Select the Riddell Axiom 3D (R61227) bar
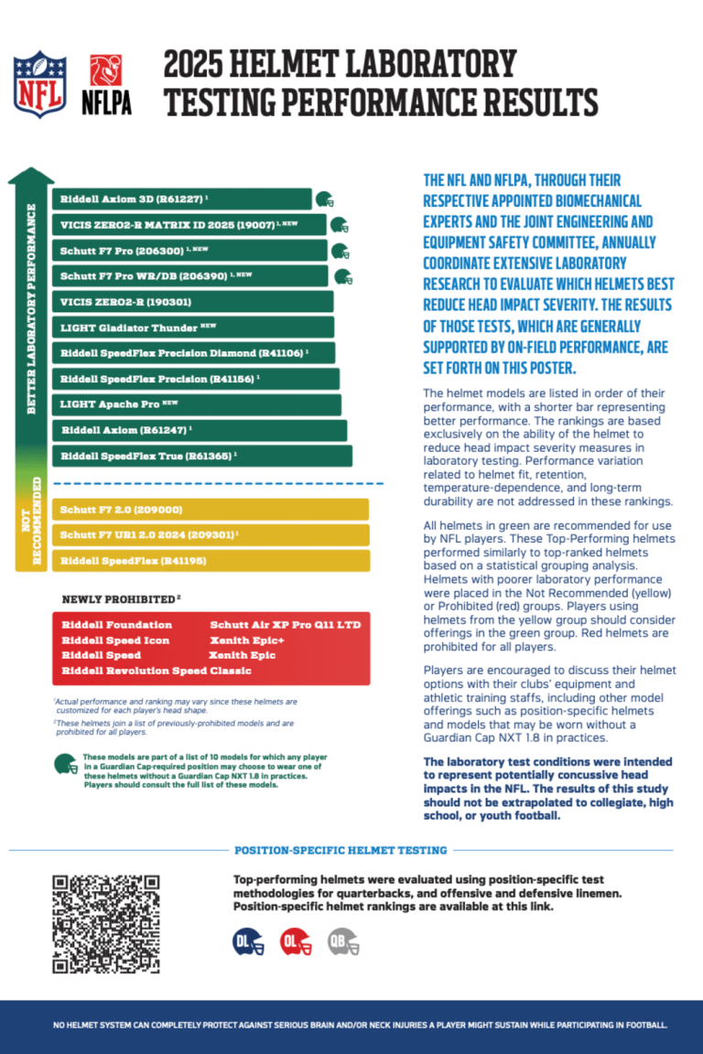[x=183, y=199]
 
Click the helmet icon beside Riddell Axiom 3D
[x=324, y=199]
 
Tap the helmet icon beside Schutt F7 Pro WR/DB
[x=343, y=276]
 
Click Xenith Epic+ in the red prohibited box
[x=247, y=640]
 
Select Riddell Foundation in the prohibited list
[x=105, y=625]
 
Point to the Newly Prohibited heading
[x=120, y=599]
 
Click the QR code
[x=106, y=924]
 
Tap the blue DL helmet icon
[x=248, y=941]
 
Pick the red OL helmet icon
[x=296, y=941]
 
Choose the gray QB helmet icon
[x=343, y=941]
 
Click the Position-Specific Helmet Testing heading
[x=341, y=850]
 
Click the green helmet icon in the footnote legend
[x=65, y=764]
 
